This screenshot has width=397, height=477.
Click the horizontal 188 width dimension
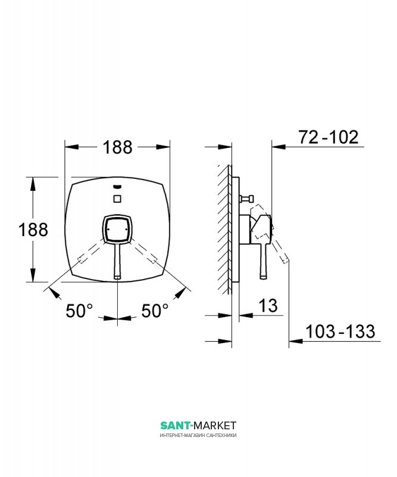point(117,147)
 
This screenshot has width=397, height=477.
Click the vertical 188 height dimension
point(33,230)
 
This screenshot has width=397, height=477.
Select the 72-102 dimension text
point(329,137)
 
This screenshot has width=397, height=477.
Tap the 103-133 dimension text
point(340,332)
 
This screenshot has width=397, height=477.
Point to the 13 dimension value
point(268,305)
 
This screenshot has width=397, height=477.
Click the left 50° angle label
point(79,311)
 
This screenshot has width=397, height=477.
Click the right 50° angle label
point(155,311)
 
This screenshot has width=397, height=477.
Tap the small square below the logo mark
point(117,199)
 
